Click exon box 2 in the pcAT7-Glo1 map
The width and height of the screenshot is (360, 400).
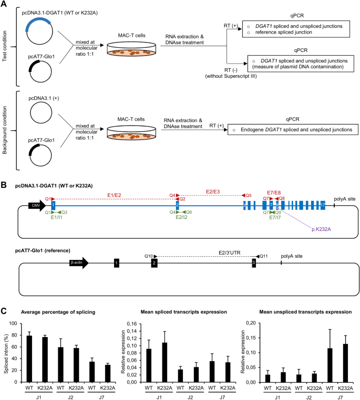(x=153, y=262)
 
